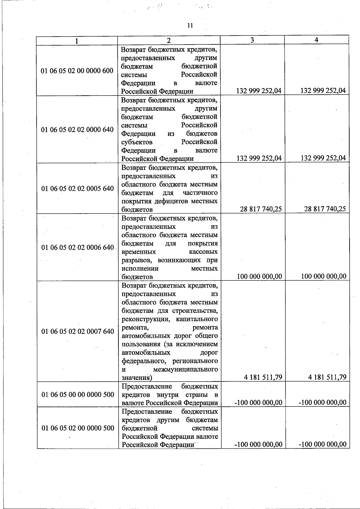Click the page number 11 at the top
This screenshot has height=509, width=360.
pyautogui.click(x=190, y=25)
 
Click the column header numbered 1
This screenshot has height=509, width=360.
pyautogui.click(x=77, y=41)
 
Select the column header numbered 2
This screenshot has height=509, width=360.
pyautogui.click(x=169, y=40)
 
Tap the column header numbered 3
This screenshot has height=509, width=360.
pyautogui.click(x=252, y=40)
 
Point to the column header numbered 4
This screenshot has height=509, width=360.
pyautogui.click(x=316, y=40)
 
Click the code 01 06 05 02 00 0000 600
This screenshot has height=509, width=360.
pyautogui.click(x=77, y=71)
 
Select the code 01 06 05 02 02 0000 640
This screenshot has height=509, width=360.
pyautogui.click(x=77, y=130)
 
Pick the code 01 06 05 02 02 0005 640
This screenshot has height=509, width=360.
pyautogui.click(x=78, y=188)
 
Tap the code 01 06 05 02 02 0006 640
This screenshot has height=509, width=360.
pyautogui.click(x=78, y=247)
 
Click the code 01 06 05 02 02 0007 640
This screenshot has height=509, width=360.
pyautogui.click(x=78, y=331)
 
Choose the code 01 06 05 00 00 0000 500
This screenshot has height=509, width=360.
pyautogui.click(x=78, y=394)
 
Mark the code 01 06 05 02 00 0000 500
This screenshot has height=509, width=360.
pyautogui.click(x=78, y=428)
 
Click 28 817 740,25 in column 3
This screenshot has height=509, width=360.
pyautogui.click(x=261, y=209)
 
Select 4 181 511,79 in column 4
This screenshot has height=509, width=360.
pyautogui.click(x=327, y=377)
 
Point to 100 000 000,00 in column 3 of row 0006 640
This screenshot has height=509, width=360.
pyautogui.click(x=259, y=277)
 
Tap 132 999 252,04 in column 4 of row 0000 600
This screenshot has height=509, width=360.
pyautogui.click(x=323, y=91)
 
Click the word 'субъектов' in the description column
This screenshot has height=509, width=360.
pyautogui.click(x=137, y=142)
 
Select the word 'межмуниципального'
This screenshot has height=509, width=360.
pyautogui.click(x=185, y=369)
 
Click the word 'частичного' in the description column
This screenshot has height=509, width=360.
pyautogui.click(x=200, y=193)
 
